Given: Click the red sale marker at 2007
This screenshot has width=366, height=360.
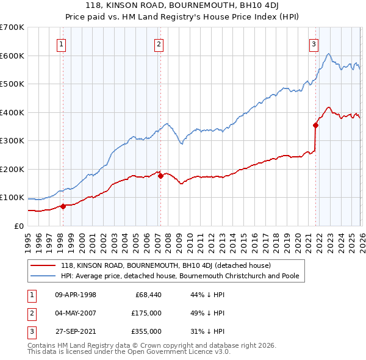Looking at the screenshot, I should [160, 176].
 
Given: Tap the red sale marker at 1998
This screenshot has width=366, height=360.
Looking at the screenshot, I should [63, 206].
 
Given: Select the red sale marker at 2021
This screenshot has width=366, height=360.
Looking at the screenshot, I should [315, 125].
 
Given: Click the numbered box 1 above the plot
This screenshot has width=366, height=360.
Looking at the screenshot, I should [62, 43].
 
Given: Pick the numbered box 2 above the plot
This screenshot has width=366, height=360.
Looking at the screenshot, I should [159, 43].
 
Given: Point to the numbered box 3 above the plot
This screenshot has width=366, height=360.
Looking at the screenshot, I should [314, 43].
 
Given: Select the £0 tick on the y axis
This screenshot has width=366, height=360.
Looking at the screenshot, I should [18, 226].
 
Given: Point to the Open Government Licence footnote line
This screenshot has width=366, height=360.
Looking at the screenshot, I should [129, 352].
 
